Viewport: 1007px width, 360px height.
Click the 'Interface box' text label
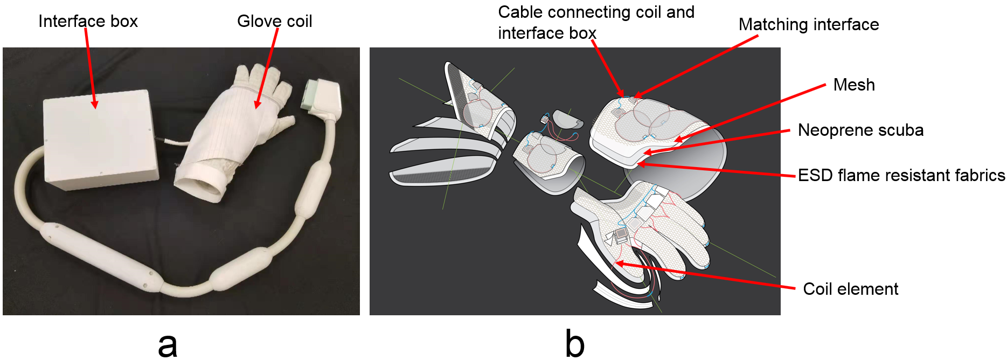pyautogui.click(x=88, y=22)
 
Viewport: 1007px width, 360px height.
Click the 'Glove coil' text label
pyautogui.click(x=274, y=22)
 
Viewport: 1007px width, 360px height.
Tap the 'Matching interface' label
pyautogui.click(x=808, y=25)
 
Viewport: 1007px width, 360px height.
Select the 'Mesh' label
pyautogui.click(x=853, y=85)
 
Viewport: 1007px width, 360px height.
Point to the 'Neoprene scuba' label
pyautogui.click(x=860, y=130)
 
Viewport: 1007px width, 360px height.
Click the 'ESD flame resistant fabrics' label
pyautogui.click(x=901, y=176)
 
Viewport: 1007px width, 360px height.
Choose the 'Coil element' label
pyautogui.click(x=850, y=289)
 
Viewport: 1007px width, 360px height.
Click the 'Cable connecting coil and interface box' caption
pyautogui.click(x=595, y=23)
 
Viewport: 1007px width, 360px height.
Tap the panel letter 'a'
pyautogui.click(x=168, y=344)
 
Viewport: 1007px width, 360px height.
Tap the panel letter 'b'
pyautogui.click(x=574, y=344)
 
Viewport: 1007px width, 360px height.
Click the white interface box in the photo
pyautogui.click(x=100, y=140)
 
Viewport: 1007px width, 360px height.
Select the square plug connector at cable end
pyautogui.click(x=322, y=97)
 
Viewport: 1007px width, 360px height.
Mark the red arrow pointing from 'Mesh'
pyautogui.click(x=749, y=113)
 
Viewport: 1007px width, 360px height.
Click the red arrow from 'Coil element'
pyautogui.click(x=706, y=276)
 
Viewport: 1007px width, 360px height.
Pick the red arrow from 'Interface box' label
pyautogui.click(x=90, y=67)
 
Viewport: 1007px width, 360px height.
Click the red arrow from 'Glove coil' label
pyautogui.click(x=267, y=67)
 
